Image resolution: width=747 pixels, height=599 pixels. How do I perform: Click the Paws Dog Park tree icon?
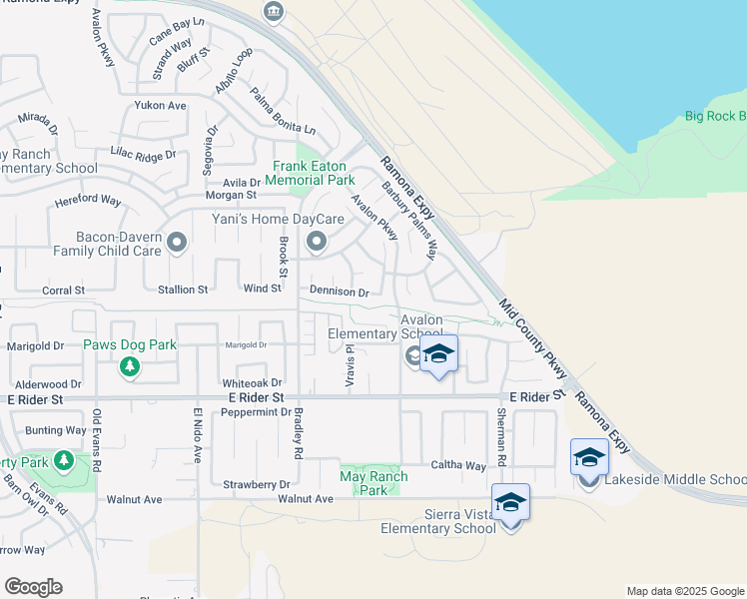(x=129, y=367)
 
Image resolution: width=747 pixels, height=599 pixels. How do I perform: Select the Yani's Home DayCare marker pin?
(x=317, y=242)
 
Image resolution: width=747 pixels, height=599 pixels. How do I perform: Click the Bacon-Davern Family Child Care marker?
(x=177, y=242)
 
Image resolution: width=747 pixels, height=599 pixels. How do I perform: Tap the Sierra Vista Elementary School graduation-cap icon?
(x=510, y=502)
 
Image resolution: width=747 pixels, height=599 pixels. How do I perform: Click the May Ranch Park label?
(x=374, y=483)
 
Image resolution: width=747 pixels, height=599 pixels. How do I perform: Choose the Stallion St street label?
(x=182, y=290)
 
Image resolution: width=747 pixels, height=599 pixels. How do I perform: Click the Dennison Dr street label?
(x=340, y=293)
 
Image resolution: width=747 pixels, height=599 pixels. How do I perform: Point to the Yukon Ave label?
(x=161, y=105)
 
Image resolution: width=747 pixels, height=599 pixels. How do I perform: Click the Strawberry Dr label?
(x=249, y=484)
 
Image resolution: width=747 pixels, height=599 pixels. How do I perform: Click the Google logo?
(x=33, y=587)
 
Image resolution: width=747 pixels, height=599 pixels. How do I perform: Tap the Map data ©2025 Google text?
(x=684, y=591)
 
